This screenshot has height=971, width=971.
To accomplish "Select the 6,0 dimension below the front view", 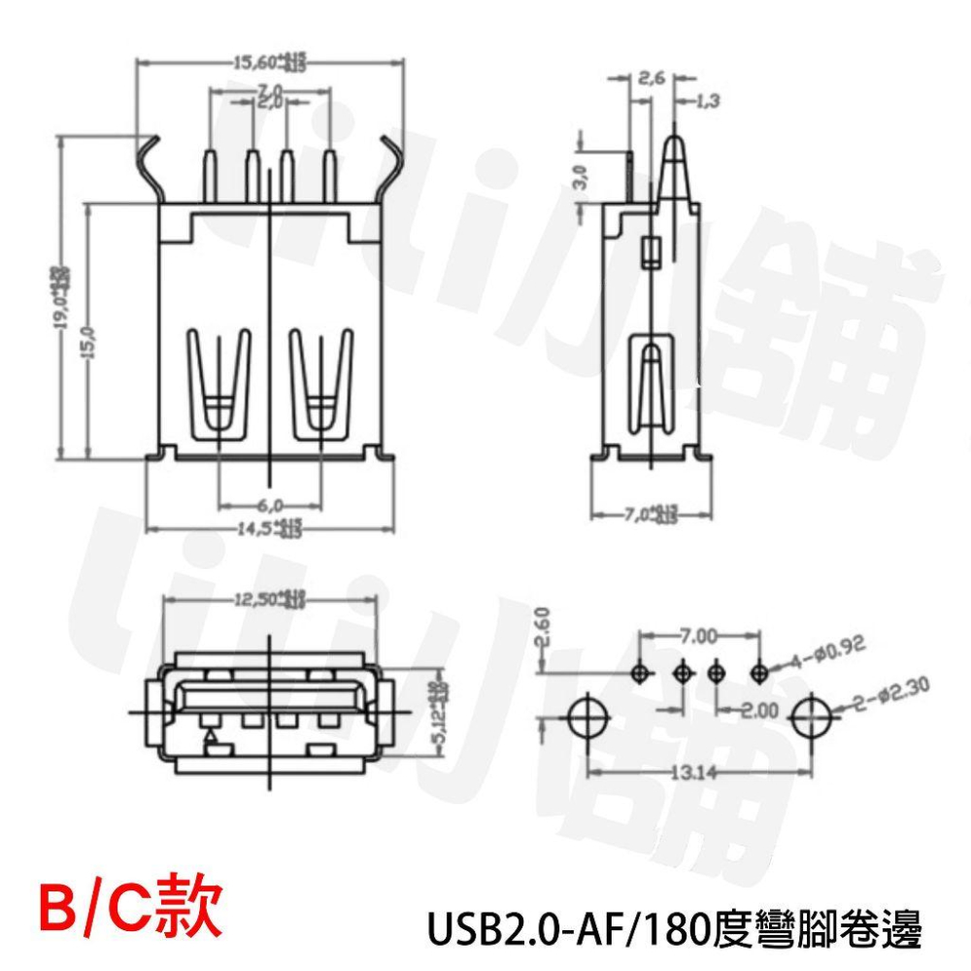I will [x=270, y=505].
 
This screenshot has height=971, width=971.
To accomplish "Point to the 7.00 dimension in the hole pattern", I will [x=698, y=636].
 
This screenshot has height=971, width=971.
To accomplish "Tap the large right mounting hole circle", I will [x=813, y=720].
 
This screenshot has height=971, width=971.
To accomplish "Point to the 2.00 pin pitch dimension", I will [x=758, y=712].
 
